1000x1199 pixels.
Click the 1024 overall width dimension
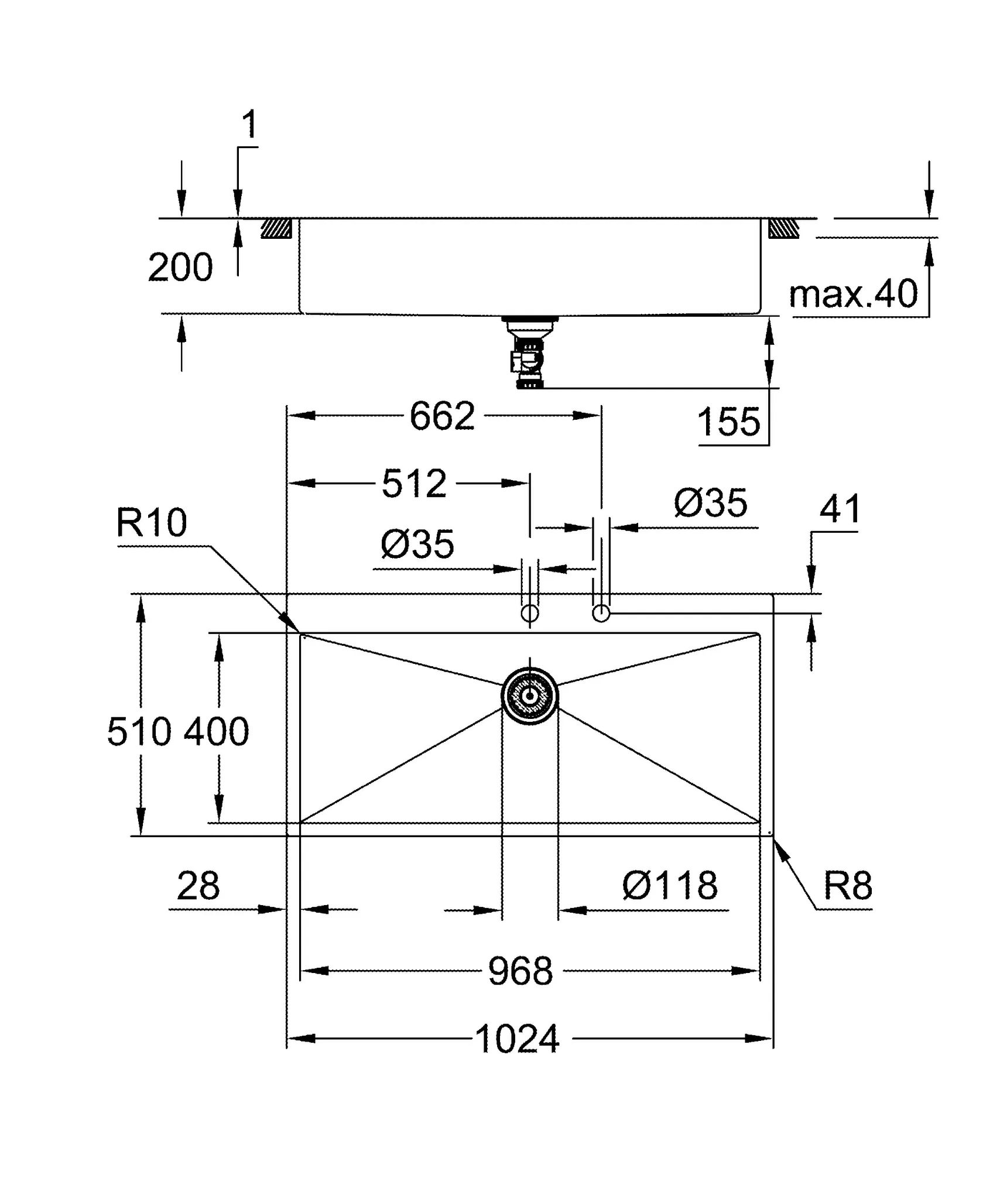pos(518,1039)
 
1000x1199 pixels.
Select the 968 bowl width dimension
pos(520,971)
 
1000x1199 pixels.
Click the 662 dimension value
pos(442,416)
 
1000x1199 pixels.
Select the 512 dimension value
pos(414,484)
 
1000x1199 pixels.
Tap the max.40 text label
pos(853,294)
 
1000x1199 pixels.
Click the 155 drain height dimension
pos(729,422)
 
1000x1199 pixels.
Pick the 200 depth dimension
pos(180,268)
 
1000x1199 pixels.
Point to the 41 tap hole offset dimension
pos(840,509)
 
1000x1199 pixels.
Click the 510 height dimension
pos(139,732)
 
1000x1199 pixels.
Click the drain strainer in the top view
pos(530,696)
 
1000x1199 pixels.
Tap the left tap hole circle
pos(530,614)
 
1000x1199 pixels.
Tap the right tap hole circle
pos(601,614)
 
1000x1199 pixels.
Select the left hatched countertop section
pos(276,228)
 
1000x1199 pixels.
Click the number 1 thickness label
pos(249,125)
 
